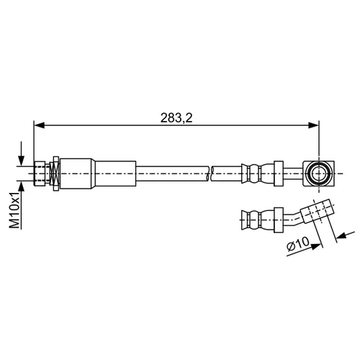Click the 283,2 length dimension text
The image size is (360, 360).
[176, 118]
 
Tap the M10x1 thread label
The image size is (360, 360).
[14, 210]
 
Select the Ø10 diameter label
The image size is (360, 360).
[298, 243]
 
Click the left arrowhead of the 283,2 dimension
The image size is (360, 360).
[40, 125]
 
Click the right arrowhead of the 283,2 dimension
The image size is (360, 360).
[313, 125]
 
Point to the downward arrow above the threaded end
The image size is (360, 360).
[22, 153]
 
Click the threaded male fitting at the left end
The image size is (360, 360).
[40, 174]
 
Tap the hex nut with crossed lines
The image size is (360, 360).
[55, 174]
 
